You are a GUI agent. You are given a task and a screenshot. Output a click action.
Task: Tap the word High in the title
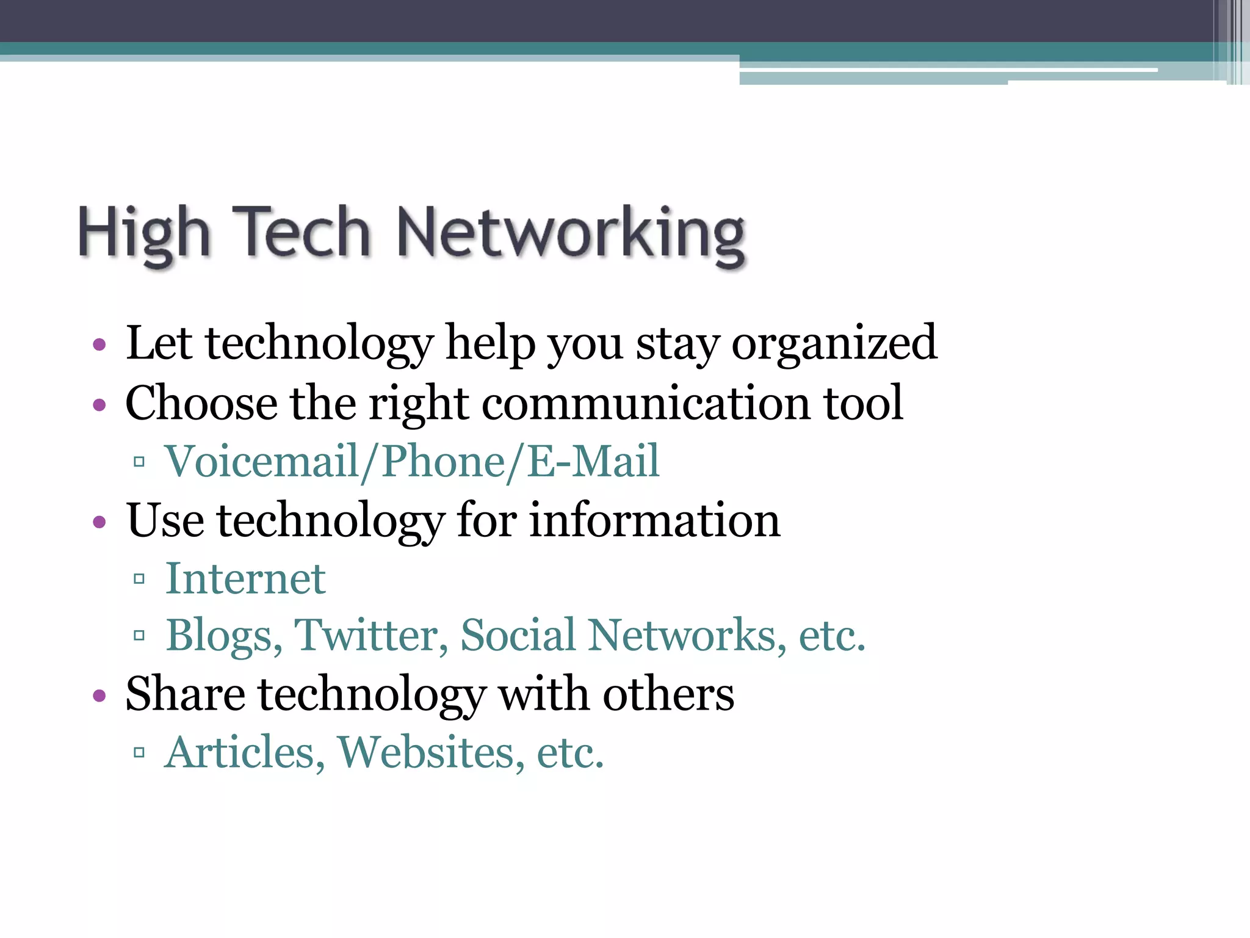tap(144, 233)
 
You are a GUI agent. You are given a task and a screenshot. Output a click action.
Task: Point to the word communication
tap(646, 403)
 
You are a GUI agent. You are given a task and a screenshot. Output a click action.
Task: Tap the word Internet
tap(245, 578)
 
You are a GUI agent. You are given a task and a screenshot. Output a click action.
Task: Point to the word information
tap(654, 520)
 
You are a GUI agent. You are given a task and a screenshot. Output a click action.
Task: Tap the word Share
tap(185, 694)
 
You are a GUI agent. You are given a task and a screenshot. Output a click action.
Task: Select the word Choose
tap(201, 403)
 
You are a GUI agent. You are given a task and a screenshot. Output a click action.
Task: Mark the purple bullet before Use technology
tap(99, 522)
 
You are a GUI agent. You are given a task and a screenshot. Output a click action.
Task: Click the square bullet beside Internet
tap(139, 578)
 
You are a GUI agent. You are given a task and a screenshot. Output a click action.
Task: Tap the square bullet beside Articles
tap(139, 752)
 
